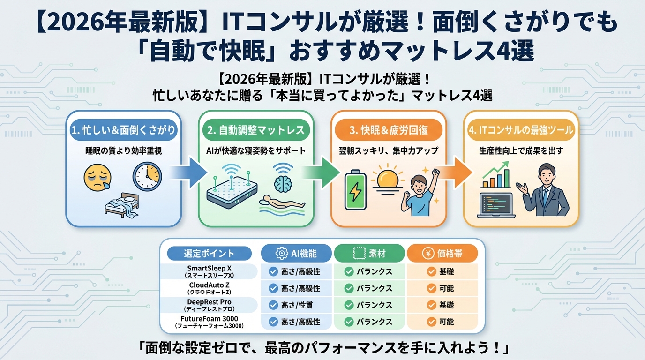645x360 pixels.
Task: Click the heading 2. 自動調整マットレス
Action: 256,130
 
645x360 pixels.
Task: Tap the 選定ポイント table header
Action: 209,254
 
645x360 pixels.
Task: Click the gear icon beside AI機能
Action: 281,254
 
